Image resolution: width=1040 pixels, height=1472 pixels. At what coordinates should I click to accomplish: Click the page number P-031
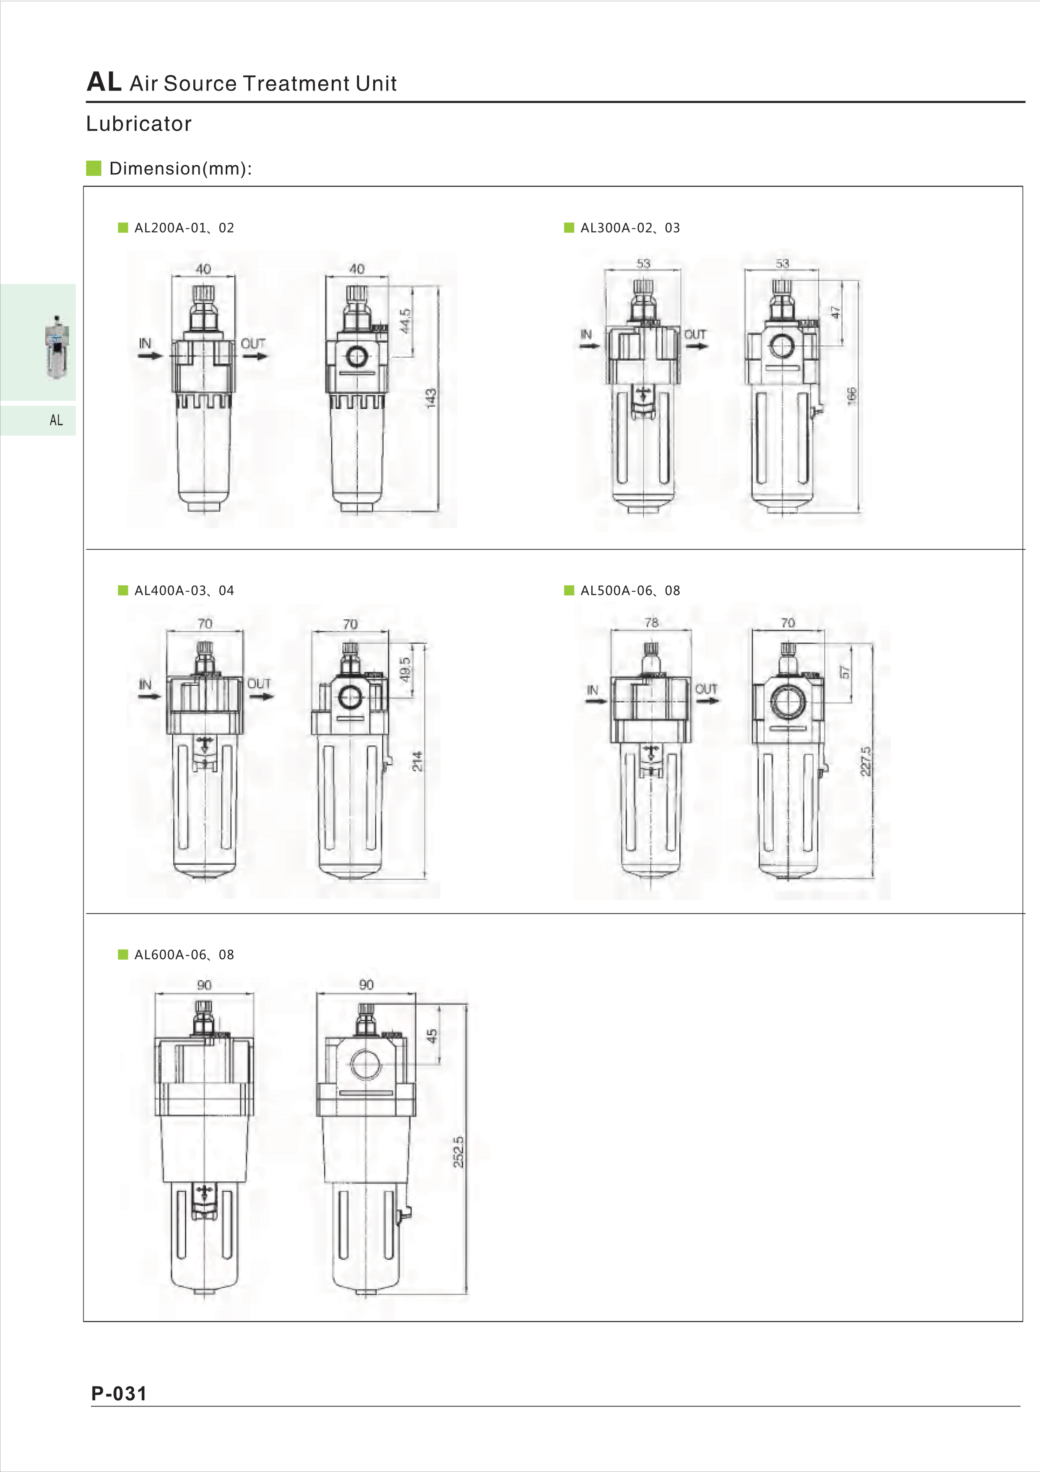tap(119, 1393)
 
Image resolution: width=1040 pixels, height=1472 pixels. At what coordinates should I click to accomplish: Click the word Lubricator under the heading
tap(139, 124)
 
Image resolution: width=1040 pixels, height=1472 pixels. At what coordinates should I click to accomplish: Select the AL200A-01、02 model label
tap(184, 227)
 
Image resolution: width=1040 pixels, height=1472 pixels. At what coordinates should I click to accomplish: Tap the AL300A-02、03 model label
tap(630, 227)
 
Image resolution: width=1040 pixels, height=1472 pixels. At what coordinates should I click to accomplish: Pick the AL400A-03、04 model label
tap(184, 590)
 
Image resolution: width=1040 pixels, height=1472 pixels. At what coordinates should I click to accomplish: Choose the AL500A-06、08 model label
tap(630, 590)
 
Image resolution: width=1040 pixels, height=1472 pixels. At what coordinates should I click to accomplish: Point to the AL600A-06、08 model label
tap(184, 955)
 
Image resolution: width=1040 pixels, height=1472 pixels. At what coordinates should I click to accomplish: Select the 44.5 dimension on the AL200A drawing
tap(405, 321)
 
